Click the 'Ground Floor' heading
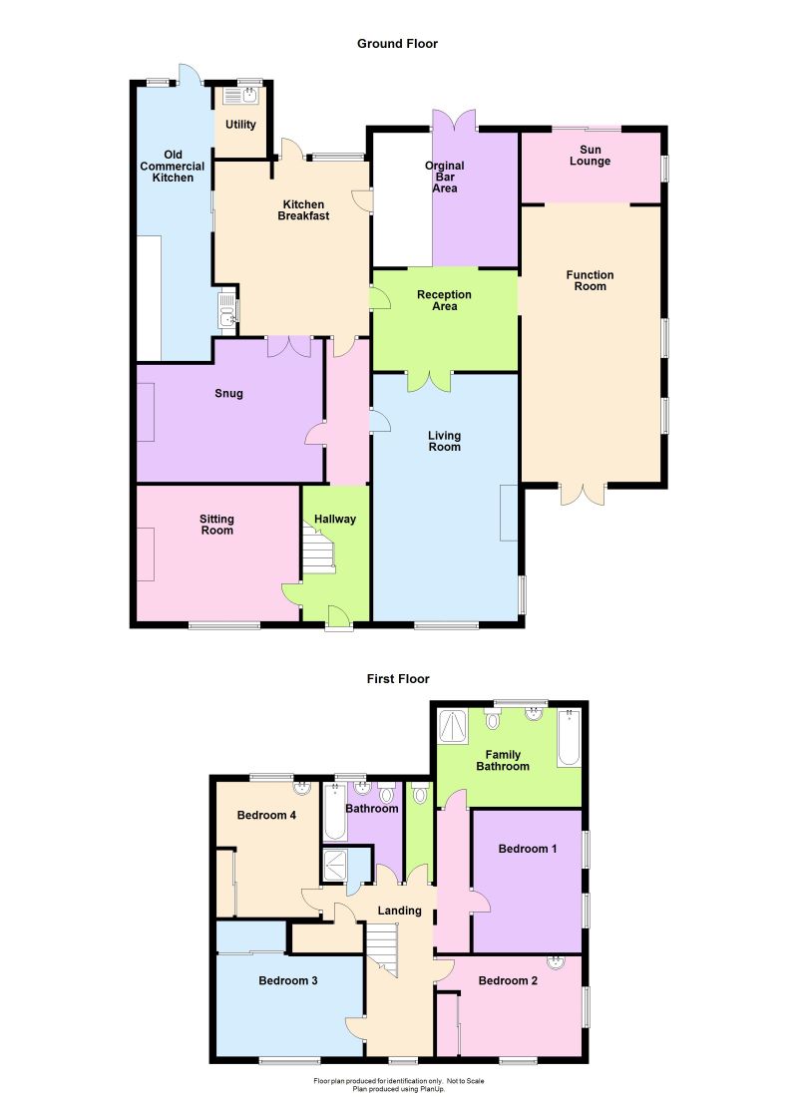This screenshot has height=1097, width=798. (x=397, y=44)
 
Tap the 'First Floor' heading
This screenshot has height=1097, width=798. (x=397, y=679)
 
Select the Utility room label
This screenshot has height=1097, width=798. (x=240, y=126)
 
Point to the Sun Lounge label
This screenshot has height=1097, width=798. (x=591, y=156)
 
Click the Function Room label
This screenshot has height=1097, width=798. (x=590, y=280)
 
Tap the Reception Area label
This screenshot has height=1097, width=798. (x=444, y=300)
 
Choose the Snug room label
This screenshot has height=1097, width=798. (x=228, y=394)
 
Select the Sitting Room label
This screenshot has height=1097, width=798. (x=216, y=525)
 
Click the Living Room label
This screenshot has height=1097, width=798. (x=444, y=441)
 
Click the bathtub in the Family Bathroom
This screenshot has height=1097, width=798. (x=569, y=737)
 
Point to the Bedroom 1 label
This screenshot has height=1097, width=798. (x=527, y=849)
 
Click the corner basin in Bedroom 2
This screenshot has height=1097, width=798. (x=556, y=963)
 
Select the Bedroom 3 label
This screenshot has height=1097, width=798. (x=288, y=981)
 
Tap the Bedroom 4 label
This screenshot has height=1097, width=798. (x=266, y=815)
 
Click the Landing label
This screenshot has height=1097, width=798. (x=399, y=911)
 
